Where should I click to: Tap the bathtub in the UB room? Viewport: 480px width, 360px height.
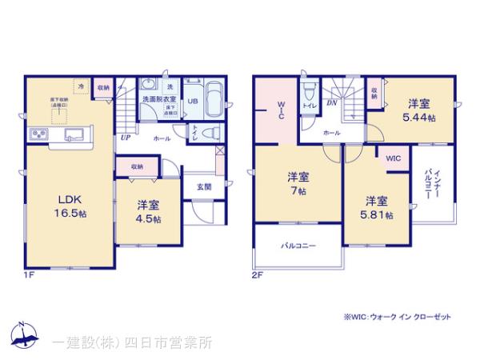[213, 102]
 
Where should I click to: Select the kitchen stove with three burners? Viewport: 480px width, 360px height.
[38, 133]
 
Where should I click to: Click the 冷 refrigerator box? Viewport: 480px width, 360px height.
[81, 84]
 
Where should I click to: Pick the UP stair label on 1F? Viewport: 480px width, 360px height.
[126, 138]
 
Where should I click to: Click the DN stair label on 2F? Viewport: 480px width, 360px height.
[331, 103]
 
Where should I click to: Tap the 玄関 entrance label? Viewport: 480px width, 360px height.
[205, 186]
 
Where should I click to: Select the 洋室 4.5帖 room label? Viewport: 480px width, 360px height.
[146, 211]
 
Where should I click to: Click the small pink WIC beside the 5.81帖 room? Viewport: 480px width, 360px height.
[394, 158]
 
